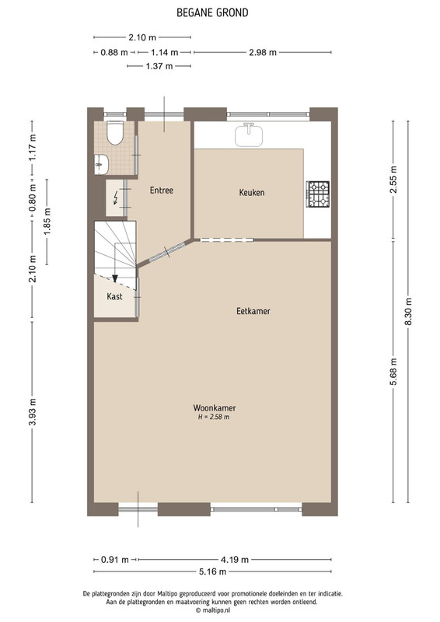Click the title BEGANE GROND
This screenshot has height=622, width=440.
point(212,12)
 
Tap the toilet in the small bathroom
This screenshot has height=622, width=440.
point(116,132)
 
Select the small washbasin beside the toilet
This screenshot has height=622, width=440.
point(101,164)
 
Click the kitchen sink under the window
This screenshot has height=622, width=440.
point(250,135)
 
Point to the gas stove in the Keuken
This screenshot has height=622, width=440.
point(318,194)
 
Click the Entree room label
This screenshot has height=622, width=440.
point(162,190)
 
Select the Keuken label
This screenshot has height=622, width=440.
point(252,192)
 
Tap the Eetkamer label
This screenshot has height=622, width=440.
point(253,311)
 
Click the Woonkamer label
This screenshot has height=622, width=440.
point(215,407)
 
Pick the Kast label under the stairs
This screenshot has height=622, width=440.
point(114,296)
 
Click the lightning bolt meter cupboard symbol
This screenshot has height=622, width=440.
point(116,197)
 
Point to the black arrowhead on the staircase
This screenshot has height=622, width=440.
point(115,278)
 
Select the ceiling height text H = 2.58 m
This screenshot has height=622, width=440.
point(214,417)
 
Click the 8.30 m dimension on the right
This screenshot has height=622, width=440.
point(408,312)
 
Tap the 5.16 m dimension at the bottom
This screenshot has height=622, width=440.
point(213,571)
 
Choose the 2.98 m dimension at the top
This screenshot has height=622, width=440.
point(263,52)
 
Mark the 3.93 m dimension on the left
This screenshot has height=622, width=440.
point(33,412)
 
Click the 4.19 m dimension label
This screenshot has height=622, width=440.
point(235,560)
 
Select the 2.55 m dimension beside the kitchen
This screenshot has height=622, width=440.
point(393,180)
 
